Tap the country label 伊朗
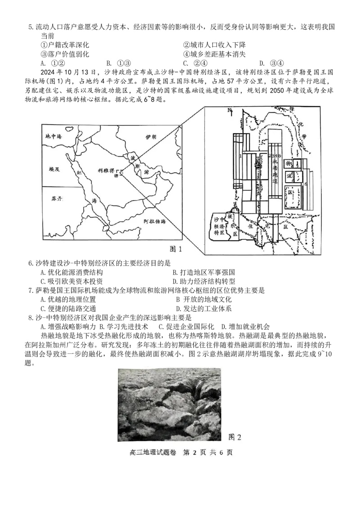point(151,137)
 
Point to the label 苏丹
point(57,198)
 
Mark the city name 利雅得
point(106,171)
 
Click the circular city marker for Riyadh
point(116,176)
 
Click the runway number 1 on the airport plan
point(241,156)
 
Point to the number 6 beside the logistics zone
point(306,184)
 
